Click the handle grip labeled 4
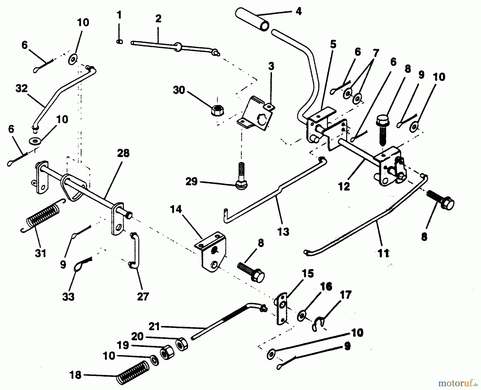[253, 19]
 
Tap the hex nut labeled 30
[217, 110]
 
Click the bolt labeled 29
[241, 177]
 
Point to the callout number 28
[123, 153]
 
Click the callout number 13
[283, 232]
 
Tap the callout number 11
[383, 253]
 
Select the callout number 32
[21, 89]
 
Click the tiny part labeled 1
[120, 42]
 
